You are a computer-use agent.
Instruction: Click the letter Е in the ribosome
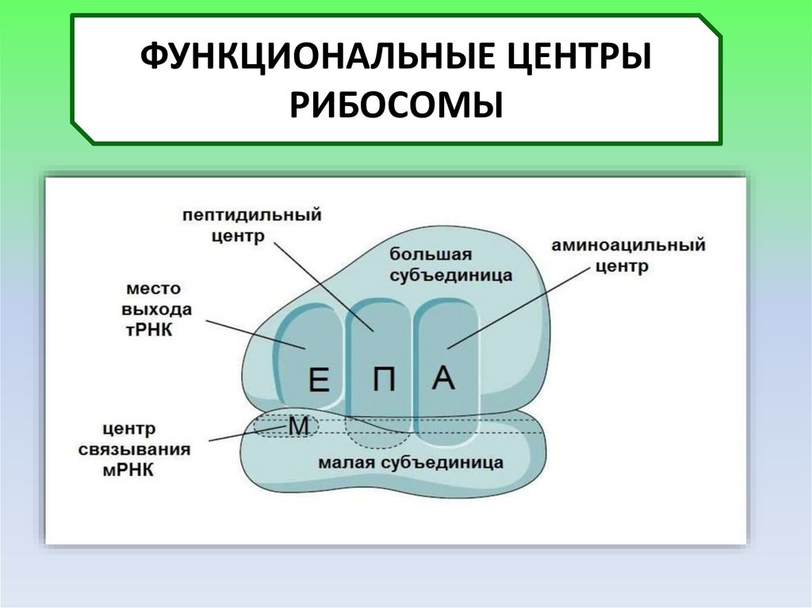[x=318, y=383]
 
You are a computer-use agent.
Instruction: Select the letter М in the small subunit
[x=297, y=427]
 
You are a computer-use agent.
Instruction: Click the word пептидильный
[x=251, y=216]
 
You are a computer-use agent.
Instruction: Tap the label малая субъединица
[x=410, y=461]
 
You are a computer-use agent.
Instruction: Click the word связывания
[x=134, y=449]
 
